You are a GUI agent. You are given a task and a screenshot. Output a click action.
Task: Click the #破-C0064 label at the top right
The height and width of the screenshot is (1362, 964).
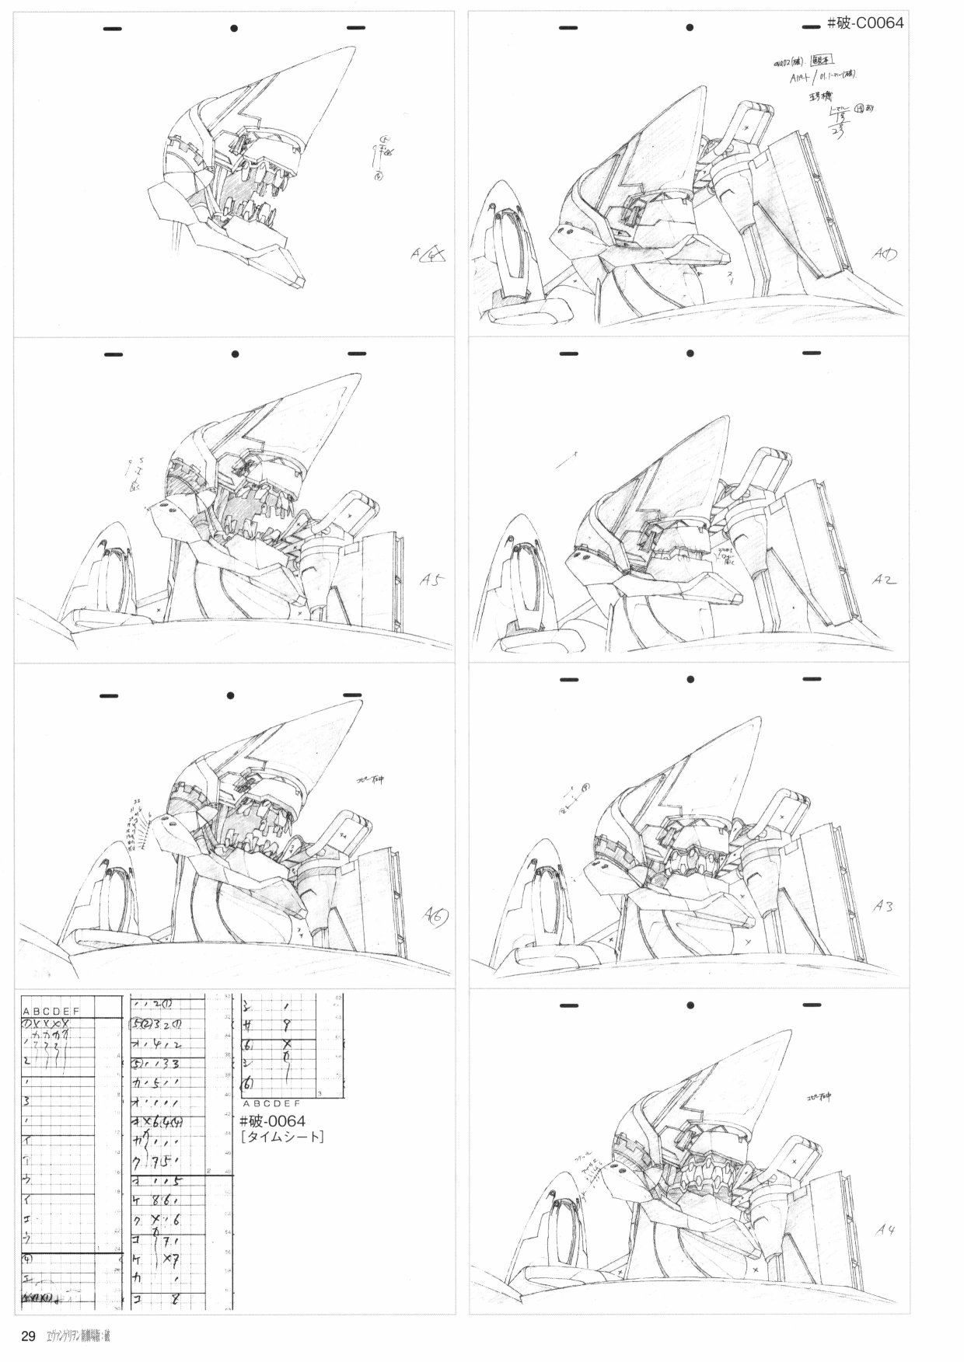point(864,23)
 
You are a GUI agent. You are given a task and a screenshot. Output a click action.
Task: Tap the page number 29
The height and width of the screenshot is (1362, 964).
point(28,1336)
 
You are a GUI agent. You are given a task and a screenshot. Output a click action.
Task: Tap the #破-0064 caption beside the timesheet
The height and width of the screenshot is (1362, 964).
point(272,1120)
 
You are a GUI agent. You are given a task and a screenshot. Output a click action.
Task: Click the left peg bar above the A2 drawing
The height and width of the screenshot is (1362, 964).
point(568,354)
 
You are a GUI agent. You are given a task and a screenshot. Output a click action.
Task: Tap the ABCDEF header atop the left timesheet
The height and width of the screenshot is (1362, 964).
point(51,1011)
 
